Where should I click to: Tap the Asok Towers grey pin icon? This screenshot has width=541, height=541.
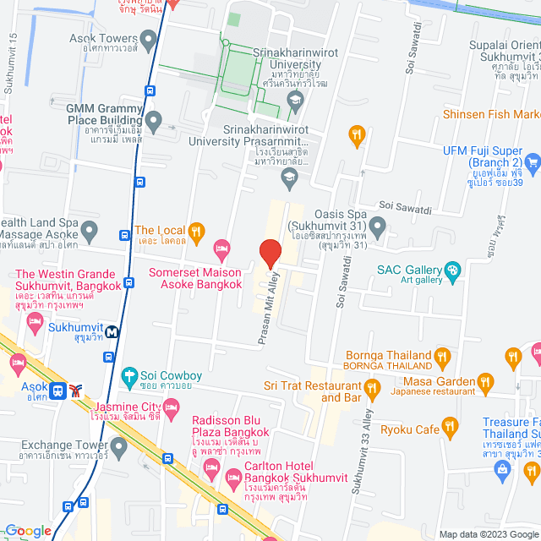pos(149,39)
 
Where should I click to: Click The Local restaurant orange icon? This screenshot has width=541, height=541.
pos(196,230)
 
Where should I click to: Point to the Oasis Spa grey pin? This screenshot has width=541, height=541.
pos(378,227)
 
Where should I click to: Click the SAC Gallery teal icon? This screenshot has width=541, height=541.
pos(453,270)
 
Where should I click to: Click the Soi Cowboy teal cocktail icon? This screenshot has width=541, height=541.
pos(129,374)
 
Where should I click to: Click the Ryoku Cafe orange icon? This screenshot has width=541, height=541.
pos(451,428)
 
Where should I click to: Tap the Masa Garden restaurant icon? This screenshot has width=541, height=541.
pos(484,381)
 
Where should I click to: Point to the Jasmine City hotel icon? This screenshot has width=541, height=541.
pos(171,410)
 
